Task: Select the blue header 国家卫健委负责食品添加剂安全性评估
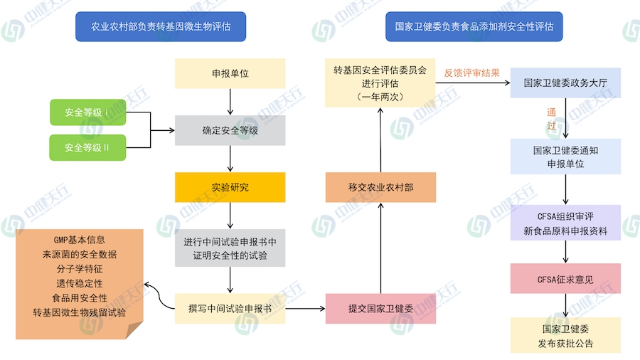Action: click(x=474, y=27)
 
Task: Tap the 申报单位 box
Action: click(x=230, y=73)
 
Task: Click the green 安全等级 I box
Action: click(x=87, y=112)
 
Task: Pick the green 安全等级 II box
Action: click(x=87, y=147)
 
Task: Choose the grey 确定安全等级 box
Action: click(x=230, y=130)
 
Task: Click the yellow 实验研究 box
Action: click(x=230, y=187)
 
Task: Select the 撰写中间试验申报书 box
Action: click(x=230, y=309)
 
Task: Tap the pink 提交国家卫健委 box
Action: click(x=380, y=309)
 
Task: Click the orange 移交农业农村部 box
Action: click(x=380, y=187)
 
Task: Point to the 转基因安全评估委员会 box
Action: click(x=380, y=83)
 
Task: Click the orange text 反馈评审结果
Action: click(x=471, y=73)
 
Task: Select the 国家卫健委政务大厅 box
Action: click(x=566, y=83)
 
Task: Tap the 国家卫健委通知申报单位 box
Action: click(x=566, y=157)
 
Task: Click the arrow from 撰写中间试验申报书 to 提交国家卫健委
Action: click(x=305, y=309)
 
